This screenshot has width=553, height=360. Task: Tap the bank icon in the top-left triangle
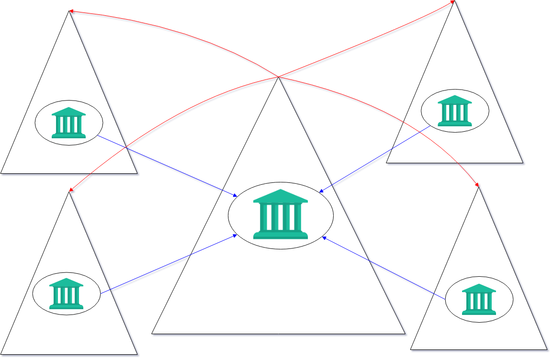coord(68,123)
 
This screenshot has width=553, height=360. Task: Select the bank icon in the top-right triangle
coord(455,111)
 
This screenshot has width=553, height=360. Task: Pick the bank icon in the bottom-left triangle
coord(66,293)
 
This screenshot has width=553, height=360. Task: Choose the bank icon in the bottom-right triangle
coord(479,299)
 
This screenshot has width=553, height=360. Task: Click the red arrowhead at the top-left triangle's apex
coord(71,11)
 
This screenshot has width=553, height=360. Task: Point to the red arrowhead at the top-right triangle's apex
coord(453,2)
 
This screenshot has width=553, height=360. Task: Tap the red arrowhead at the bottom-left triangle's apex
coord(71,190)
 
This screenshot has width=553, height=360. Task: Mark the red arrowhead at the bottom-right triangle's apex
coord(477,185)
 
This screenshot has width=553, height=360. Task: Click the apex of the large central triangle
coord(279,77)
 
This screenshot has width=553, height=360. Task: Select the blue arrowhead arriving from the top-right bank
coord(321,191)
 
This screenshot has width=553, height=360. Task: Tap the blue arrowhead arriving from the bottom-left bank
coord(235,235)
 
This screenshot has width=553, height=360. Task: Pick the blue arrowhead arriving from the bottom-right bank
coord(324,237)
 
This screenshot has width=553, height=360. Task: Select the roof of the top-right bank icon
coord(455,100)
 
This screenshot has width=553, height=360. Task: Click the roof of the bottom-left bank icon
coord(66,282)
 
